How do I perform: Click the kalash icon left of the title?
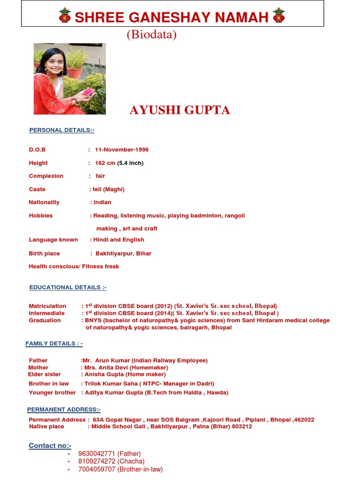(64, 15)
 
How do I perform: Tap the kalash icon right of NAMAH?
(278, 15)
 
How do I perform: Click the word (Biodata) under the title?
(151, 35)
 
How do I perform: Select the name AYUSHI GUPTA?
(180, 110)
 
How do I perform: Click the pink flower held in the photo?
(89, 92)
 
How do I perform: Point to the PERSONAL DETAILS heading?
(62, 130)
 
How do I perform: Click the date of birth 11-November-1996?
(121, 150)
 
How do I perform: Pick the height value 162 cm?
(105, 163)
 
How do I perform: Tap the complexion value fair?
(100, 176)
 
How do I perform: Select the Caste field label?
(37, 189)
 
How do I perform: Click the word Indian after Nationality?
(102, 202)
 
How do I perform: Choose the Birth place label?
(45, 253)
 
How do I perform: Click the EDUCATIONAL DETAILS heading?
(68, 287)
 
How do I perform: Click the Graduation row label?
(45, 320)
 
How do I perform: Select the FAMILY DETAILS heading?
(54, 344)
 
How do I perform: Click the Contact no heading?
(50, 445)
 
